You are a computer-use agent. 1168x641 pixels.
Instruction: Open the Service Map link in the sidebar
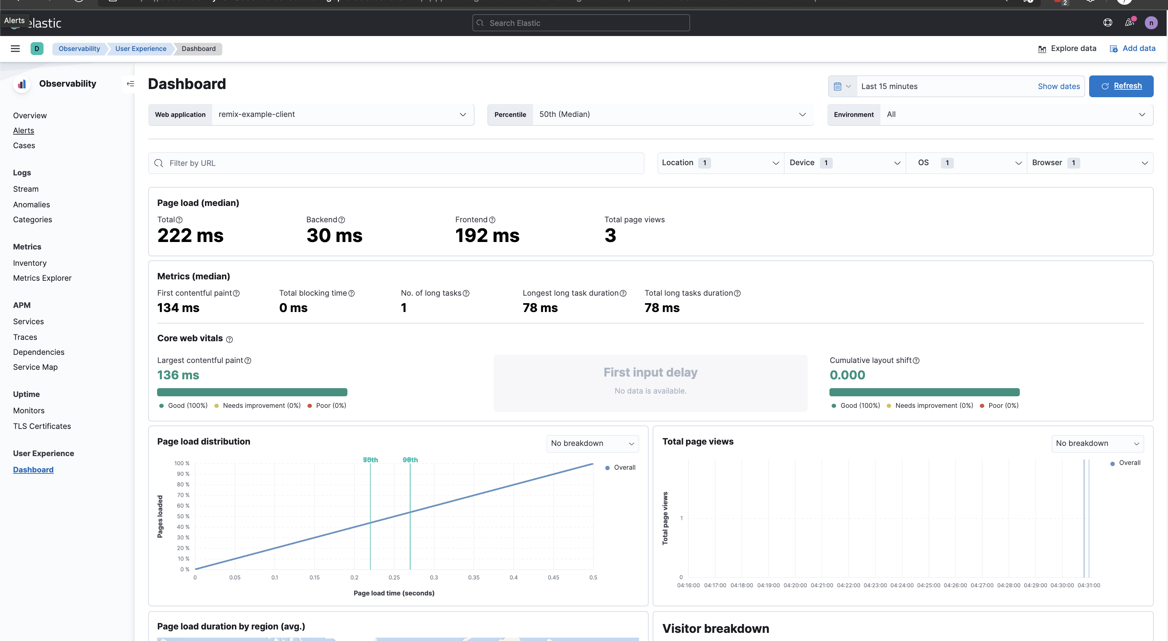click(x=35, y=367)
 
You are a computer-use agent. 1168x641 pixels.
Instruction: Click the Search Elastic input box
click(x=581, y=23)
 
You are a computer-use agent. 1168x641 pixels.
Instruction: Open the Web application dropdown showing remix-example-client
click(x=342, y=115)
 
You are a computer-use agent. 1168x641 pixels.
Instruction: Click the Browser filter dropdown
click(x=1089, y=163)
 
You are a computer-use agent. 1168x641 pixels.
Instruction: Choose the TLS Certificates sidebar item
click(x=42, y=426)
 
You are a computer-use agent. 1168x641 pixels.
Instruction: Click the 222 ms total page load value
click(x=190, y=236)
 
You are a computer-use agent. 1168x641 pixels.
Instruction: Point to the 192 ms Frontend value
click(x=487, y=236)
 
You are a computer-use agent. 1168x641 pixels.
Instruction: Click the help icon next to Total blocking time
click(x=351, y=294)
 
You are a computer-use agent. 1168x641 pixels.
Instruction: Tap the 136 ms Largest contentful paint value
click(x=178, y=375)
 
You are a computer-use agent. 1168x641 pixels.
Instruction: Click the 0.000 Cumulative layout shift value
click(x=847, y=375)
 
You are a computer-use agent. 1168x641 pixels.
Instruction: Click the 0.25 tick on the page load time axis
click(x=394, y=577)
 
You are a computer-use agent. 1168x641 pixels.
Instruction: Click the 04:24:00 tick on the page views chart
click(x=901, y=585)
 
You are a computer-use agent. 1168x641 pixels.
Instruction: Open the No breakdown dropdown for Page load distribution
click(x=592, y=443)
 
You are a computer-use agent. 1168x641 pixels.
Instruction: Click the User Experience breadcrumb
click(x=140, y=49)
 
